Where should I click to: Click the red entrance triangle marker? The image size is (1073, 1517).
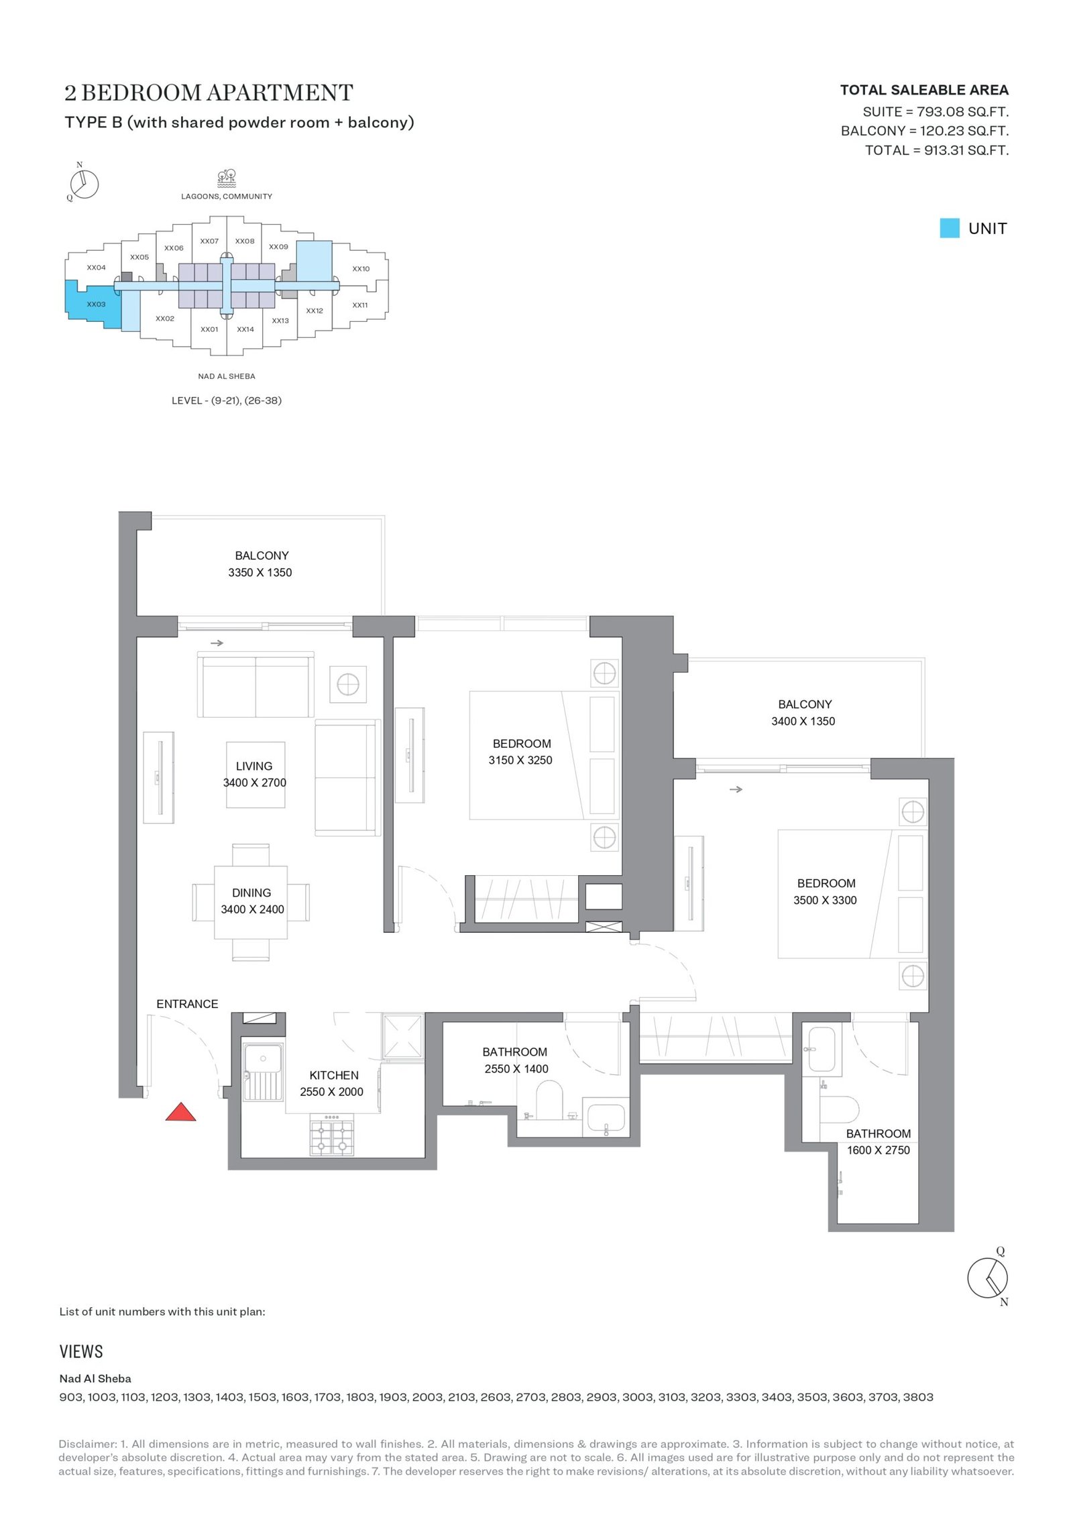pyautogui.click(x=180, y=1111)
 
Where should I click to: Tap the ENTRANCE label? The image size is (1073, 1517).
pyautogui.click(x=187, y=1004)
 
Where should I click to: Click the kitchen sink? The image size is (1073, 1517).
pyautogui.click(x=263, y=1070)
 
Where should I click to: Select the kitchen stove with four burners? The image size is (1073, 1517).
pyautogui.click(x=332, y=1135)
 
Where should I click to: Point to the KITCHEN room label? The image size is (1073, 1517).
pyautogui.click(x=334, y=1075)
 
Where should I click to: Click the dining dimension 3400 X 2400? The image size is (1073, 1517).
pyautogui.click(x=253, y=909)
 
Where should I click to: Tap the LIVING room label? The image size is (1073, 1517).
pyautogui.click(x=254, y=766)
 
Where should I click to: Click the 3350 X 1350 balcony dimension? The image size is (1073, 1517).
pyautogui.click(x=260, y=572)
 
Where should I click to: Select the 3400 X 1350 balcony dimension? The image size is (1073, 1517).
pyautogui.click(x=803, y=721)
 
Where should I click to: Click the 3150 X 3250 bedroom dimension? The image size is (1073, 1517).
pyautogui.click(x=520, y=760)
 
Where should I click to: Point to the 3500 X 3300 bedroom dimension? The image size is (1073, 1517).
pyautogui.click(x=826, y=900)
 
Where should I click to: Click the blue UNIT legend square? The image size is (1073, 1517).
pyautogui.click(x=950, y=228)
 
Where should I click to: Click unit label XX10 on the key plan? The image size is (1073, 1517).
pyautogui.click(x=361, y=269)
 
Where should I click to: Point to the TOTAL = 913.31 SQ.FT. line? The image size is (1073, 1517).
pyautogui.click(x=937, y=150)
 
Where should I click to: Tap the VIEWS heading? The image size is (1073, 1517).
pyautogui.click(x=81, y=1351)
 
